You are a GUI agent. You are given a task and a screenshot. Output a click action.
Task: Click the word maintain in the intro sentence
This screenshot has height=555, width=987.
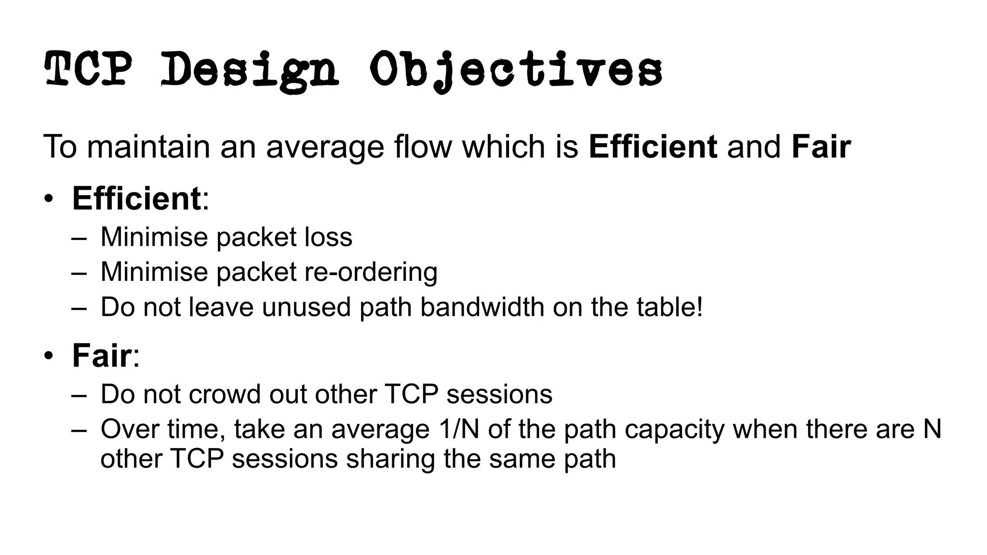[148, 146]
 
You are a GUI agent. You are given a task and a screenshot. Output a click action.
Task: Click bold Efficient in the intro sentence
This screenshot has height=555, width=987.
[653, 146]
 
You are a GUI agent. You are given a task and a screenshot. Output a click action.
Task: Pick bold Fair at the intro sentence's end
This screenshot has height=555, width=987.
[821, 146]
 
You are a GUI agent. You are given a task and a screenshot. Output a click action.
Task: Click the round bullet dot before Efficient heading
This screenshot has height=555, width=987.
[49, 199]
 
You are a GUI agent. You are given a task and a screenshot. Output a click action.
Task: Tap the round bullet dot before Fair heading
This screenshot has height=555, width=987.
[49, 357]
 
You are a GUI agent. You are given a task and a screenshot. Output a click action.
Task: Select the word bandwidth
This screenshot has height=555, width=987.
[482, 307]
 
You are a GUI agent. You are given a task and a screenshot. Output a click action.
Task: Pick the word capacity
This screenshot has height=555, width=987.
[674, 430]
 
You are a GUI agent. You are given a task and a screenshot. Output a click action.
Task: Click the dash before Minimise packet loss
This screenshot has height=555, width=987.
[79, 238]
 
